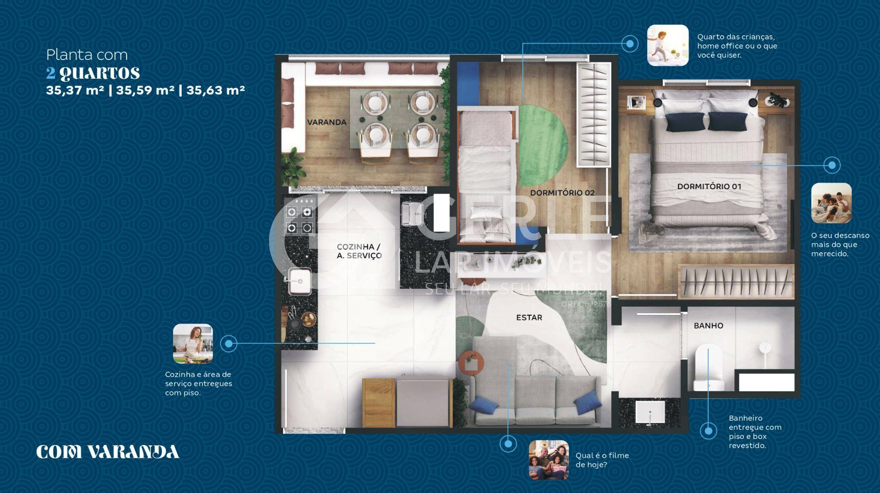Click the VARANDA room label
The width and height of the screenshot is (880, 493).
pos(326,122)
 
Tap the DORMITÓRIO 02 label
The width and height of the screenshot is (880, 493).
pos(562,193)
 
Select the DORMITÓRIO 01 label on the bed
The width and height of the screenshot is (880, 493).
pos(709,186)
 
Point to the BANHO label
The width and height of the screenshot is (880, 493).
pos(708,325)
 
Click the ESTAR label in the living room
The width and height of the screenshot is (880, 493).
pos(529,317)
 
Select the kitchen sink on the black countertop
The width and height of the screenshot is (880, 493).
pos(300,281)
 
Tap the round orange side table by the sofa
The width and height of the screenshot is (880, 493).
pos(471,363)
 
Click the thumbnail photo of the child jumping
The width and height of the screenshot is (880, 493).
pos(667,45)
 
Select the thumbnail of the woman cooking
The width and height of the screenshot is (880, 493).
pos(193,344)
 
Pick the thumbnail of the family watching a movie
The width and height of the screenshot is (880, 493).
pos(549,460)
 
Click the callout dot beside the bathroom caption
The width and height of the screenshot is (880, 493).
pos(709,431)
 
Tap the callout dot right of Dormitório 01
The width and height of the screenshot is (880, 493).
pos(832,165)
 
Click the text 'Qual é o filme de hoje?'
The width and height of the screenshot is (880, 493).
pos(602,460)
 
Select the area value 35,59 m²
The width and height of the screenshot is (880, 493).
pos(145,90)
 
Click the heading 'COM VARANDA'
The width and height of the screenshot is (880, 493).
pos(108,452)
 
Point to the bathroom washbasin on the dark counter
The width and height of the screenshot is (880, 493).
pos(650,412)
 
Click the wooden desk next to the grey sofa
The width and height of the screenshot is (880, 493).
pos(379,403)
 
